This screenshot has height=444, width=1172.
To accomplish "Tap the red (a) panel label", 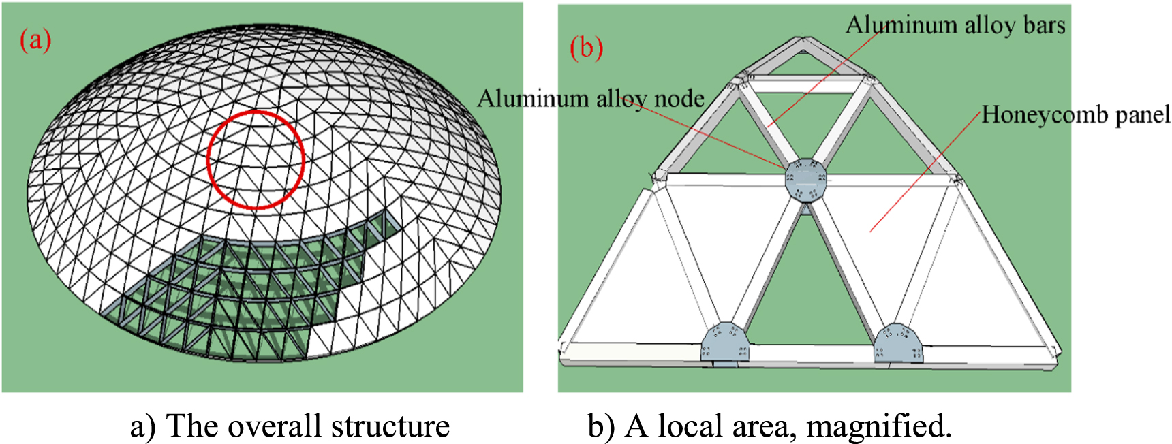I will (35, 40).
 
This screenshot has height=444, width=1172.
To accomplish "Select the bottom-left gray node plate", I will (724, 343).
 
